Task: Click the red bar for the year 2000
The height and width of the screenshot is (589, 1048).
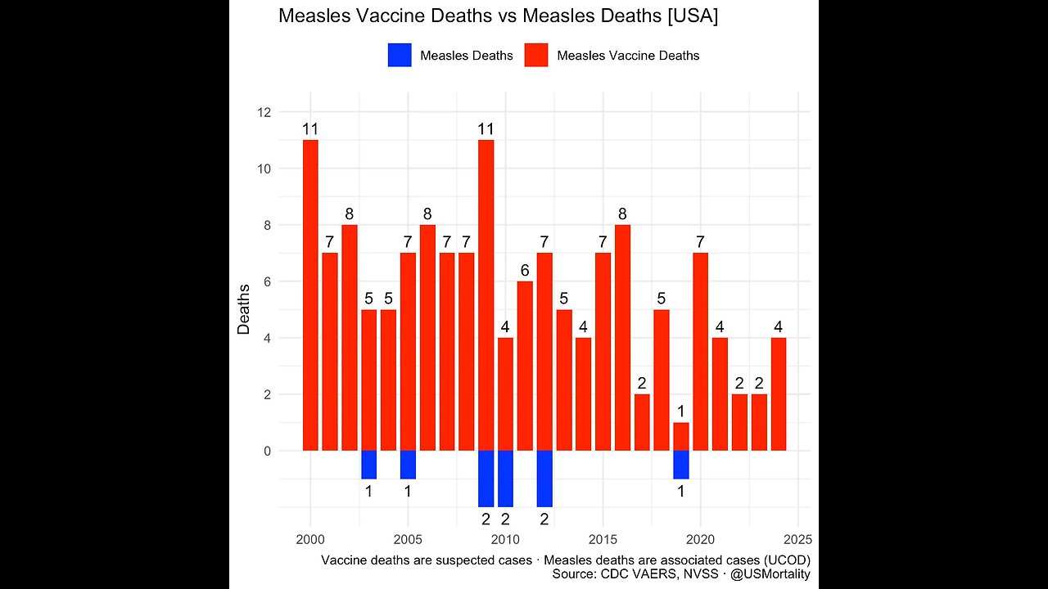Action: (x=310, y=295)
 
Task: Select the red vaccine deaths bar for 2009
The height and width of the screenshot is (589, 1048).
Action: (x=486, y=295)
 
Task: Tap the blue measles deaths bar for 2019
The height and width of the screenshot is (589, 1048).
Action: (x=680, y=465)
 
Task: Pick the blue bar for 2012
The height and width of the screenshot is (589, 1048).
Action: (x=544, y=479)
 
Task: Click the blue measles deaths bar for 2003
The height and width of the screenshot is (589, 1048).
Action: (x=368, y=465)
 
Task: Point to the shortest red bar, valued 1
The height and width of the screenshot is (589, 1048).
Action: (x=680, y=436)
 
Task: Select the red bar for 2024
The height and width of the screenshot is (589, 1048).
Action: (x=779, y=394)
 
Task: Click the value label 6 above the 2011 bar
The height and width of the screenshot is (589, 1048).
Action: (x=525, y=271)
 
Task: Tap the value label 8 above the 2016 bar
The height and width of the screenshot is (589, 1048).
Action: (x=622, y=214)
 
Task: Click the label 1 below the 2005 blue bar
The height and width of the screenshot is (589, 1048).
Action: (x=408, y=492)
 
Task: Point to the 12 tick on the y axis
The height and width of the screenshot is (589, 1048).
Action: (x=264, y=112)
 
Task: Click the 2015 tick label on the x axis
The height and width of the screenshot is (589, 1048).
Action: (x=603, y=539)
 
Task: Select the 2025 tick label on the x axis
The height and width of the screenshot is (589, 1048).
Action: (x=797, y=539)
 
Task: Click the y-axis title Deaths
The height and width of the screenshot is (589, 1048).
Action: (x=244, y=309)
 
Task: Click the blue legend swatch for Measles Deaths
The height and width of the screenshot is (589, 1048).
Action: (x=400, y=56)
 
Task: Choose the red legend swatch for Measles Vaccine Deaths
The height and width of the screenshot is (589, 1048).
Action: (x=536, y=56)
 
